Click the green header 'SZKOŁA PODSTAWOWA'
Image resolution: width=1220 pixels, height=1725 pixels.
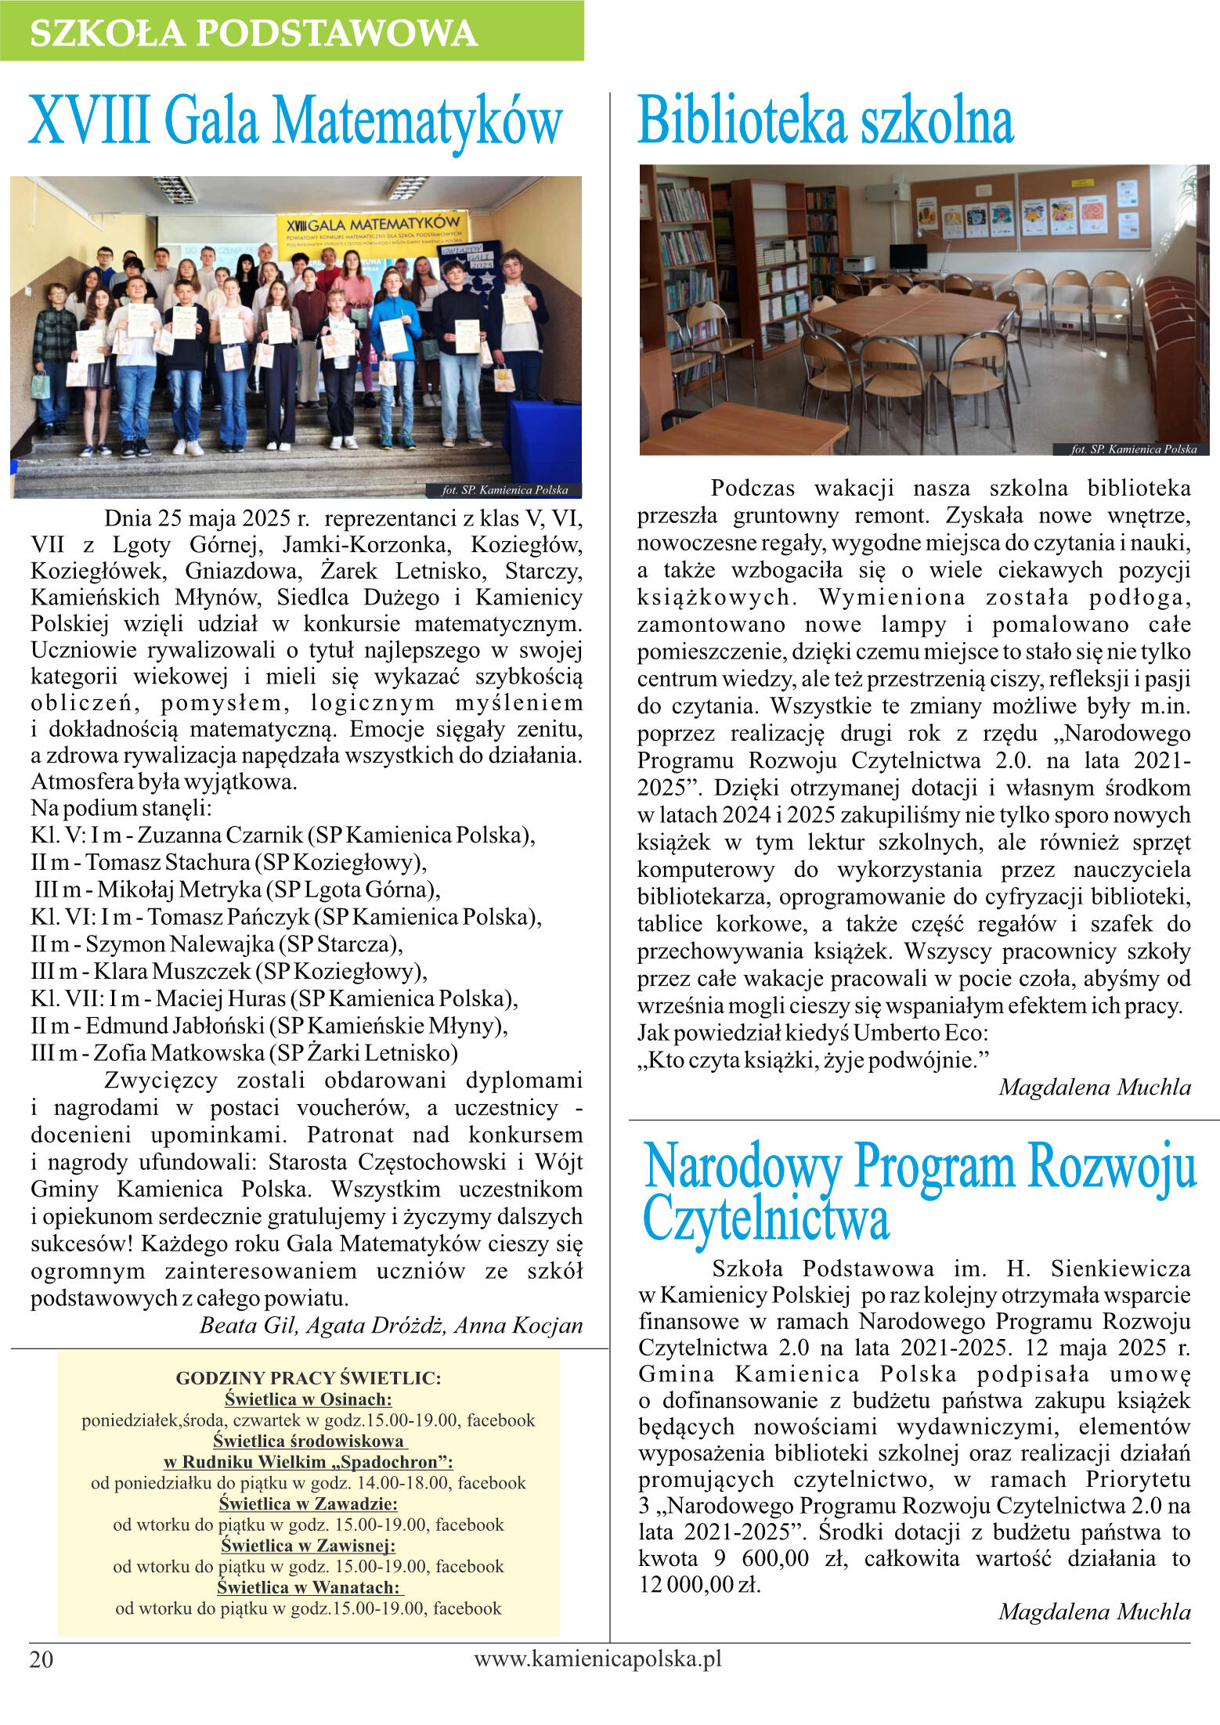[x=253, y=33]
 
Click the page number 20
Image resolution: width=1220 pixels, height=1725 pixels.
[x=42, y=1659]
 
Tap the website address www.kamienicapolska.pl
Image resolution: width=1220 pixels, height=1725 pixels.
[x=597, y=1657]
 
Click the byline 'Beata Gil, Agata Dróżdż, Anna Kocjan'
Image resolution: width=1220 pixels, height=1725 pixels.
[x=391, y=1325]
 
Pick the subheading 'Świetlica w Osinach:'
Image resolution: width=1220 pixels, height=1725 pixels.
[x=308, y=1398]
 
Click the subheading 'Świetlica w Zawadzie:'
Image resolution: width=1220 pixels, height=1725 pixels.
[x=308, y=1503]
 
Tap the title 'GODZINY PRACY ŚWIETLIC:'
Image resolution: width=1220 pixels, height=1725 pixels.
[x=308, y=1377]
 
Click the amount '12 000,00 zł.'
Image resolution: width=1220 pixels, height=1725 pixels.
[x=699, y=1586]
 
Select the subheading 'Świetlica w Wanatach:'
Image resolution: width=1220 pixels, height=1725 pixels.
[x=309, y=1587]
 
